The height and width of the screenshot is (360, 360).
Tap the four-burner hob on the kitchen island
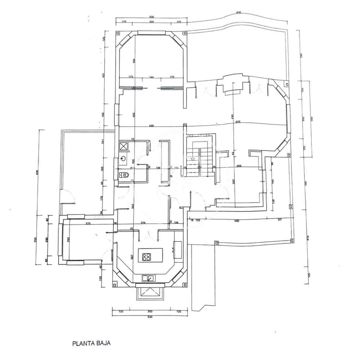[x=147, y=257]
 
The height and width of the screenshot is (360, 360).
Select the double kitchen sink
[x=149, y=278]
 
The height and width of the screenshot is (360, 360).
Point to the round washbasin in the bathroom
[x=123, y=158]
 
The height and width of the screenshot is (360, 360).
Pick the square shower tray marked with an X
[x=124, y=146]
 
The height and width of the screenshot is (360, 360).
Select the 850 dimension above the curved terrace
[x=238, y=13]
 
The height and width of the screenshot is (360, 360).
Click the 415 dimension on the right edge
[x=307, y=238]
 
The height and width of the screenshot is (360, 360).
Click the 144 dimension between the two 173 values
[x=151, y=77]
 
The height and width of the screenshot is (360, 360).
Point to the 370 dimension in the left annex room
[x=88, y=223]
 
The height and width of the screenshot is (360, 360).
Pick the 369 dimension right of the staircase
[x=239, y=166]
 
